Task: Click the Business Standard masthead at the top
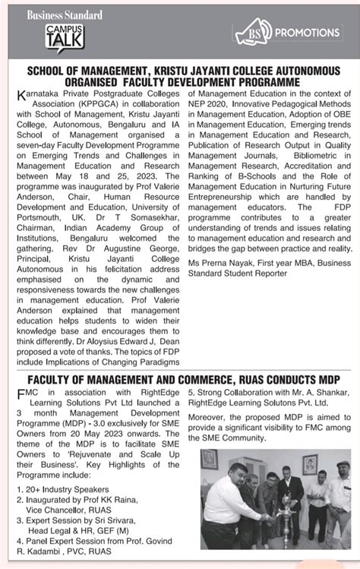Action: [65, 14]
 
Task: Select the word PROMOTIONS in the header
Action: [309, 33]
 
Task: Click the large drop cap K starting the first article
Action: [20, 94]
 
